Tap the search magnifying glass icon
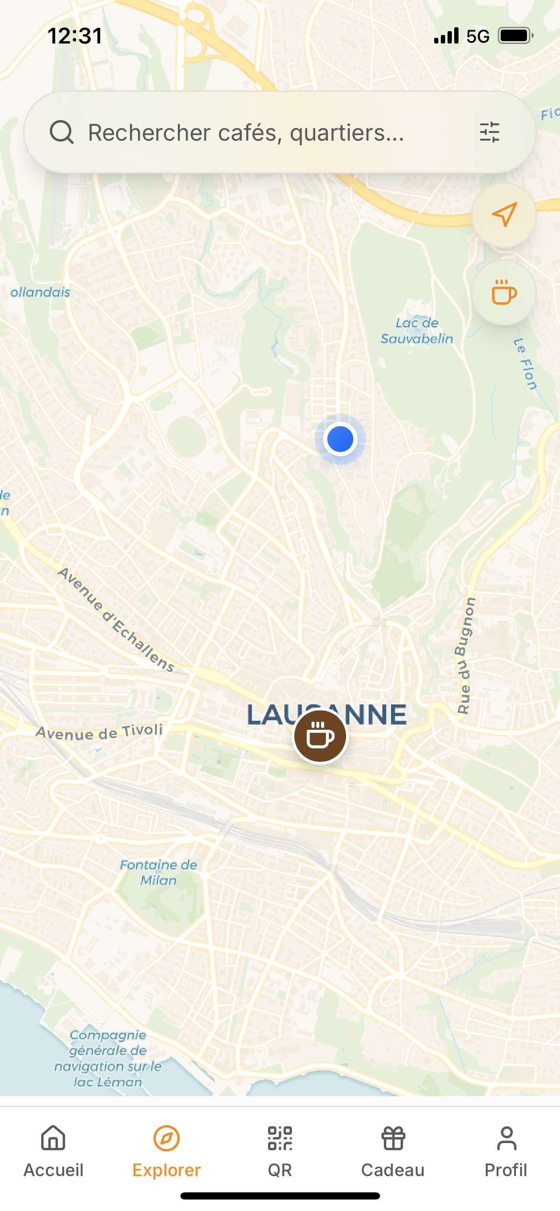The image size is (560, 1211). click(62, 132)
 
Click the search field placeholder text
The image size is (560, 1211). click(246, 132)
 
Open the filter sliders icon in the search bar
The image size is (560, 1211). click(489, 132)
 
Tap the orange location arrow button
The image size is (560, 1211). click(504, 215)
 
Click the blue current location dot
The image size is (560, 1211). click(340, 439)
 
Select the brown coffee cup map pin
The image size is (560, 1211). click(320, 736)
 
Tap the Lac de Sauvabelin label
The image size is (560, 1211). click(417, 331)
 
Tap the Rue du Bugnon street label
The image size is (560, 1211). click(465, 656)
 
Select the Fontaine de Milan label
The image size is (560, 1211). click(158, 872)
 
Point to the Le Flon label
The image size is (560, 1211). click(525, 364)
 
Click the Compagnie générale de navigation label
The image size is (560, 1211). click(108, 1058)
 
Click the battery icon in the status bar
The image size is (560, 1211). click(515, 36)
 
